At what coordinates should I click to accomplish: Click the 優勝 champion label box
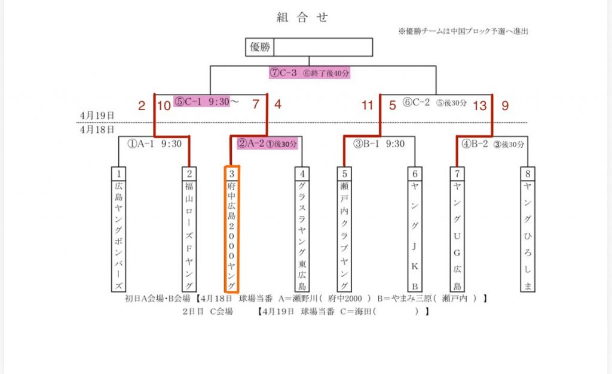click(x=259, y=47)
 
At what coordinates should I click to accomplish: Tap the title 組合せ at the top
click(x=302, y=17)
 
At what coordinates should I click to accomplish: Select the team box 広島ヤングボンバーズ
click(x=120, y=229)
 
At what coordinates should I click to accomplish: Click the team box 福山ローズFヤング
click(x=189, y=229)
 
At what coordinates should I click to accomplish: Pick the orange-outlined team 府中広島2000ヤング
click(x=232, y=229)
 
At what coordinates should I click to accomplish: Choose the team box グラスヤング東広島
click(x=304, y=229)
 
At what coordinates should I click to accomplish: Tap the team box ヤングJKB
click(x=415, y=229)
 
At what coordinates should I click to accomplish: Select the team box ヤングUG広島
click(x=457, y=229)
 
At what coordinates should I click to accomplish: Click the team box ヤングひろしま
click(x=527, y=229)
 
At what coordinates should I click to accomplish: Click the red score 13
click(x=479, y=106)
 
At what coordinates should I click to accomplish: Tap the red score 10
click(x=163, y=106)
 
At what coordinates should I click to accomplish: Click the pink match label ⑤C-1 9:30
click(x=201, y=101)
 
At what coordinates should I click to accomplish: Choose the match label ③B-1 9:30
click(x=379, y=144)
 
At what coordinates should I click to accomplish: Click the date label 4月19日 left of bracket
click(x=97, y=115)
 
